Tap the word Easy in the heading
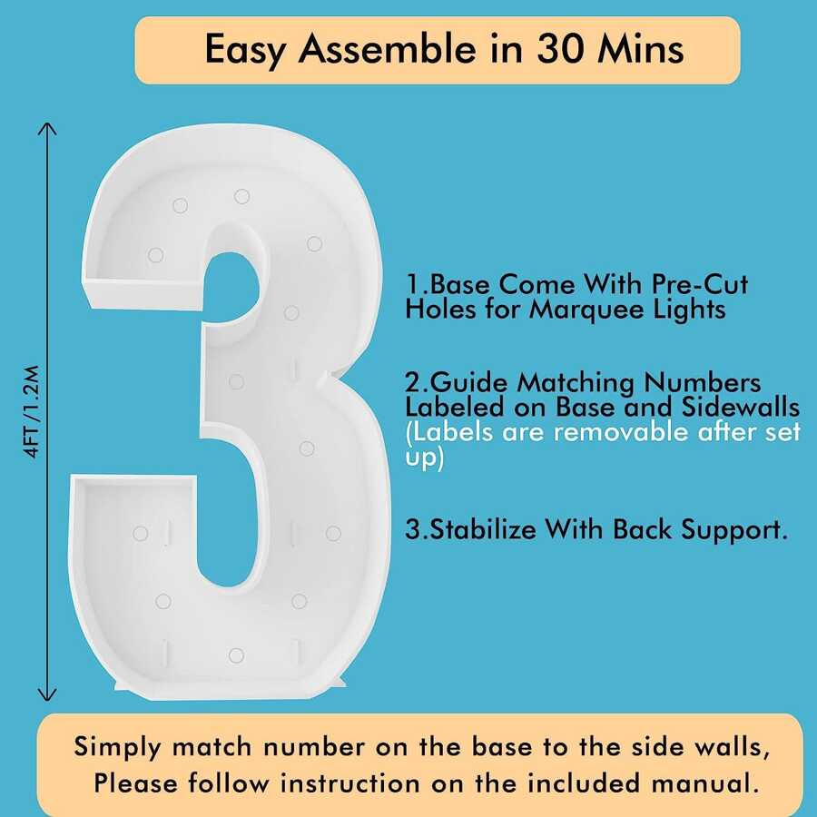pos(245,51)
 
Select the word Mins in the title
pos(642,49)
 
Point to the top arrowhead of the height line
pos(47,128)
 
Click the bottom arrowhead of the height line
pos(47,694)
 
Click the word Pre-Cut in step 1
pos(700,284)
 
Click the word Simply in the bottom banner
pos(117,748)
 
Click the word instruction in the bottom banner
pos(349,783)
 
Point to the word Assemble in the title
pos(387,49)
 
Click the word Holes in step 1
pos(440,309)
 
